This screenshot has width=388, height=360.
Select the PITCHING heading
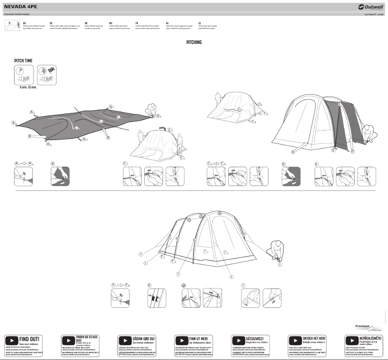(x=194, y=43)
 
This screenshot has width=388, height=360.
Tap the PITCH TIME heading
(x=24, y=60)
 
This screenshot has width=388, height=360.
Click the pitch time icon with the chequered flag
(x=46, y=75)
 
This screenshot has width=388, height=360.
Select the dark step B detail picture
(x=60, y=176)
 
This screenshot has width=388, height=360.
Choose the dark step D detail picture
(x=291, y=176)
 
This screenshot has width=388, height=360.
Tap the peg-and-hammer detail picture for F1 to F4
(x=120, y=298)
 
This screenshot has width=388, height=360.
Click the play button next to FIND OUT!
(x=12, y=340)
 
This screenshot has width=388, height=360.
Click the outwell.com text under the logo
(x=374, y=14)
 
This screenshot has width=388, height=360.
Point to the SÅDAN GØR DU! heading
(x=144, y=338)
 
